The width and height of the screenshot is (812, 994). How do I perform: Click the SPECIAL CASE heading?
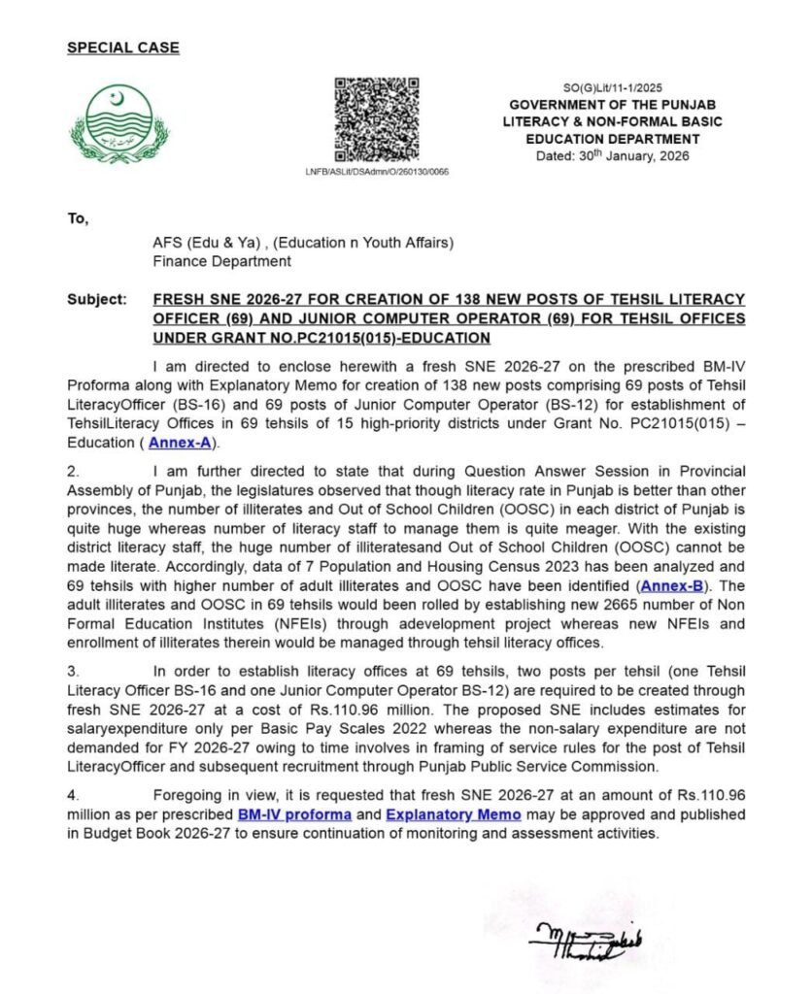(122, 47)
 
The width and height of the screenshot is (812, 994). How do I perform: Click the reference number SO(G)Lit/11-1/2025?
(612, 87)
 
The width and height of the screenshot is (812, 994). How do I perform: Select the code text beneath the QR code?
(377, 172)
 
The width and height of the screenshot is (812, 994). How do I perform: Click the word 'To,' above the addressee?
(78, 219)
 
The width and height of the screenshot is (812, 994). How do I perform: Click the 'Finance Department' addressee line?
(221, 261)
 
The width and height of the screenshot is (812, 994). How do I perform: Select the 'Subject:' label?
(96, 299)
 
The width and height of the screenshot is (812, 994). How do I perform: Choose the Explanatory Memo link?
(454, 813)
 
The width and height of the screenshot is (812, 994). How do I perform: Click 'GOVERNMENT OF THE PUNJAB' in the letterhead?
(612, 105)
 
